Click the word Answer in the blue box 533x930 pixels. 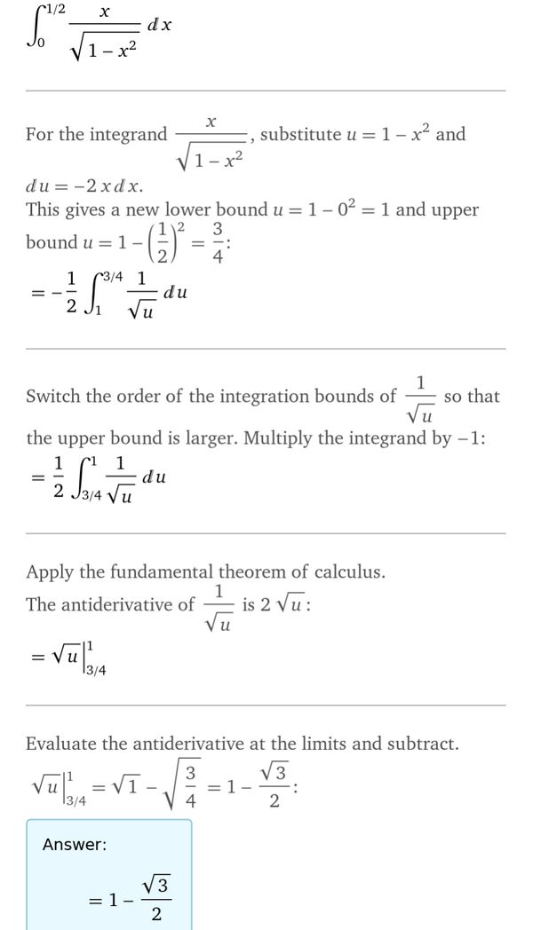pos(74,845)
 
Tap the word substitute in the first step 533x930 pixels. pos(301,135)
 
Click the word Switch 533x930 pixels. pos(54,397)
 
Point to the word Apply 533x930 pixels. pos(51,572)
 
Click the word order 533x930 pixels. pos(144,397)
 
